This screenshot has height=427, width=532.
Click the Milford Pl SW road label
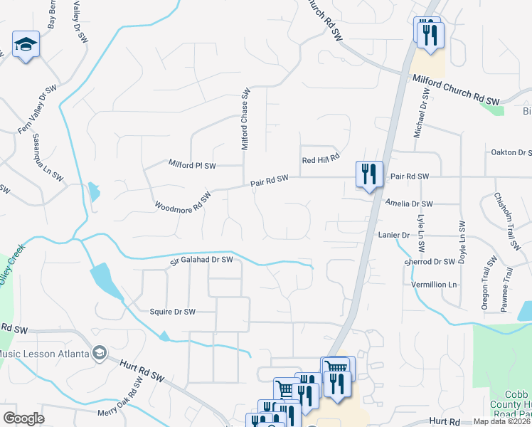coord(191,165)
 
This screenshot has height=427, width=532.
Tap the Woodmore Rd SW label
coord(183,201)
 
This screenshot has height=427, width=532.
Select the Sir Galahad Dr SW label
coord(201,261)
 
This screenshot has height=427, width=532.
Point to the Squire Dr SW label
coord(172,312)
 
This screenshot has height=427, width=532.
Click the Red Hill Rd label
coord(321,161)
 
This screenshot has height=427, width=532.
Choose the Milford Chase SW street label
coord(245,118)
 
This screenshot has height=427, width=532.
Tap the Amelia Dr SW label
coord(409,204)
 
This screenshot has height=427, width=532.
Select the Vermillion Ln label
coord(434,285)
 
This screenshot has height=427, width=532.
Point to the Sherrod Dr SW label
coord(428,262)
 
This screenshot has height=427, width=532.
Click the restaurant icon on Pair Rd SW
coord(369,174)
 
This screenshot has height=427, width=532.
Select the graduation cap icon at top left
coord(26,46)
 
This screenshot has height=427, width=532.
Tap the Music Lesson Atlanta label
coord(48,354)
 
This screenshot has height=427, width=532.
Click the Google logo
coord(23,418)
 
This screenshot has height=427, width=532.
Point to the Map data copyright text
coord(501,421)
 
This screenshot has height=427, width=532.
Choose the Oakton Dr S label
coord(511,152)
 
